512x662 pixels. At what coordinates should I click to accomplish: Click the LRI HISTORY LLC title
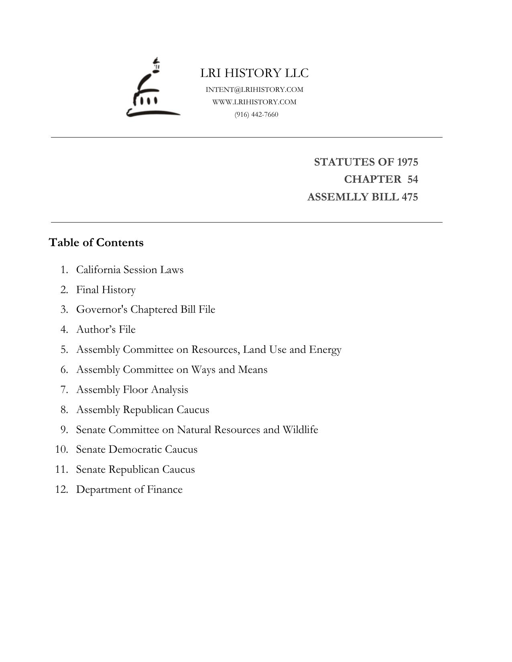254,73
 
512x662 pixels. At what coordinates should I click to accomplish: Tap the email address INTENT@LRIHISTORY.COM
254,89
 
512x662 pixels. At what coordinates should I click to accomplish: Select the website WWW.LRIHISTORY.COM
254,102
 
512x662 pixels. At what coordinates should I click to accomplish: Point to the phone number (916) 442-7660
256,114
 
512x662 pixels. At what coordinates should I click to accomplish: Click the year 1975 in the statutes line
407,162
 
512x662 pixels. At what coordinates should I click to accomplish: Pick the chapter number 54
412,179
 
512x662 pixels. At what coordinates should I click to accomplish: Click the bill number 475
409,197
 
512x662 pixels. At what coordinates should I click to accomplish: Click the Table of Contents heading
96,243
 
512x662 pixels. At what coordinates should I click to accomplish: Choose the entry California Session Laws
130,269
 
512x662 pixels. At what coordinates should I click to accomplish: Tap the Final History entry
106,289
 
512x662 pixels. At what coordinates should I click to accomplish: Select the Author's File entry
106,330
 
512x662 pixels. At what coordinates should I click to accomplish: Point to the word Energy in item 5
325,350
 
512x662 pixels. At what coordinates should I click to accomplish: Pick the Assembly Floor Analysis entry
132,389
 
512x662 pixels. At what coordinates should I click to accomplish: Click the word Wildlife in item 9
300,429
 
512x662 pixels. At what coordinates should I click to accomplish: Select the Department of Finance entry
129,490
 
